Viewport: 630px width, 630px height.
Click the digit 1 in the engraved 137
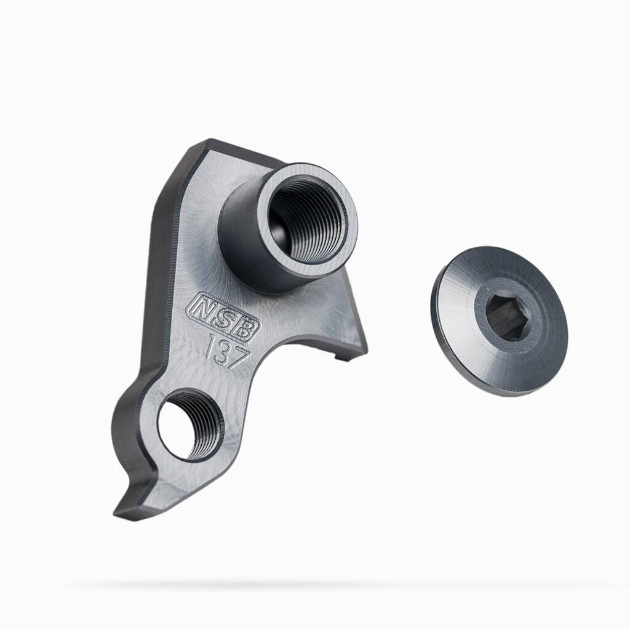click(209, 346)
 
